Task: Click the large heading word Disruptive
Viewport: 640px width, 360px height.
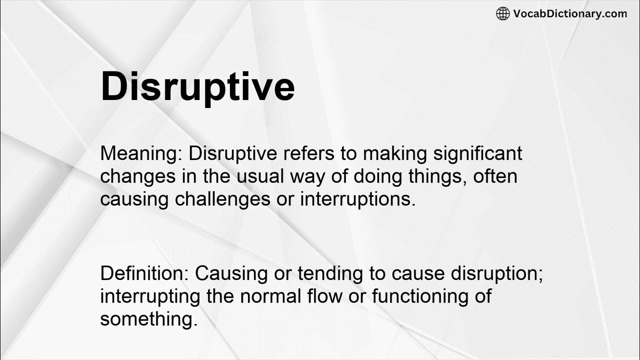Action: (x=197, y=87)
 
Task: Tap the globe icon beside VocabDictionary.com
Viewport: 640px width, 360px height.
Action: (x=502, y=13)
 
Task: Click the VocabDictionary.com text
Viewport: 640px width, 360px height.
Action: (x=570, y=13)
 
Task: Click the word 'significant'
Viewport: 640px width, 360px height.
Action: (x=478, y=154)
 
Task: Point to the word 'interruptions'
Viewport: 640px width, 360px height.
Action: (x=357, y=199)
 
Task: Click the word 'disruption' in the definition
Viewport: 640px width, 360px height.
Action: (x=496, y=273)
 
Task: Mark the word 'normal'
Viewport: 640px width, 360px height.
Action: (x=271, y=296)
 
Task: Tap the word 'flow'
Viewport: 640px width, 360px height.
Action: (x=325, y=296)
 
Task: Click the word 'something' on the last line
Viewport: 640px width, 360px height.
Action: (x=148, y=318)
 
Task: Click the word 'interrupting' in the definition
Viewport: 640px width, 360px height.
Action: (x=150, y=296)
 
